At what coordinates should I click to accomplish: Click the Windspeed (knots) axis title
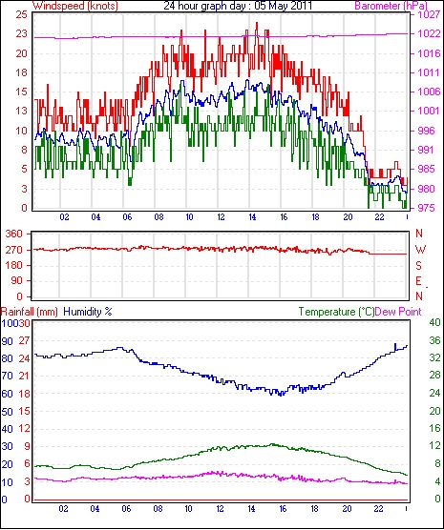pyautogui.click(x=75, y=6)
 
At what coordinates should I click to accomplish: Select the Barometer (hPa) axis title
pyautogui.click(x=391, y=6)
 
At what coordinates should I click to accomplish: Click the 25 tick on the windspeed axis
pyautogui.click(x=21, y=15)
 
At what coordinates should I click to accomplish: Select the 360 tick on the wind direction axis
pyautogui.click(x=14, y=234)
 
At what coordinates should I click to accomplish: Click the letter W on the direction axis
pyautogui.click(x=420, y=250)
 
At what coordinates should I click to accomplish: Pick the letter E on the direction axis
pyautogui.click(x=418, y=281)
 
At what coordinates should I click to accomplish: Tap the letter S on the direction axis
pyautogui.click(x=418, y=266)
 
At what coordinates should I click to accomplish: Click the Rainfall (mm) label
pyautogui.click(x=30, y=312)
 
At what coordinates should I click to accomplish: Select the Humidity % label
pyautogui.click(x=88, y=312)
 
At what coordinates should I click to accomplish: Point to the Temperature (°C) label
pyautogui.click(x=336, y=312)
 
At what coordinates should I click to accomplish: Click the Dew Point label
pyautogui.click(x=398, y=312)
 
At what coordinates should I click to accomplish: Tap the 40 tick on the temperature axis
pyautogui.click(x=434, y=322)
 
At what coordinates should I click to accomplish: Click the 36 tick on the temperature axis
pyautogui.click(x=434, y=340)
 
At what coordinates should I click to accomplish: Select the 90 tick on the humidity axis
pyautogui.click(x=7, y=341)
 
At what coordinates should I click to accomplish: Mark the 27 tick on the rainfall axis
pyautogui.click(x=24, y=340)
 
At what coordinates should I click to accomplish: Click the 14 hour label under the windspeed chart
pyautogui.click(x=252, y=217)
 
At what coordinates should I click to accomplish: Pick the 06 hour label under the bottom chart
pyautogui.click(x=126, y=508)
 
